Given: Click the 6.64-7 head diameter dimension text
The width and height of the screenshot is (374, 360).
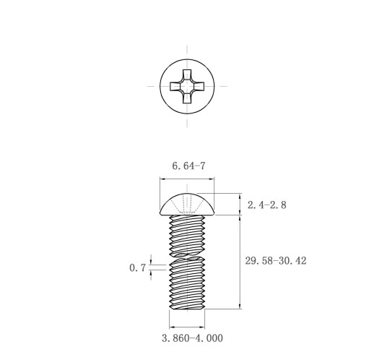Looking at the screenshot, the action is pos(188,166).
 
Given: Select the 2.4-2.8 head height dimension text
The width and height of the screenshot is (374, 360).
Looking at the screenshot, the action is pos(267,205).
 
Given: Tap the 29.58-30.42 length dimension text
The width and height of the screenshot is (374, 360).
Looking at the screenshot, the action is pos(276,261).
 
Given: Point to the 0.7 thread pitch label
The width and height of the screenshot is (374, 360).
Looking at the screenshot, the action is pos(138,267).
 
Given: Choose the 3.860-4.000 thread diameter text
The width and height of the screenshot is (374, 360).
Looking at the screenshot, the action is pos(192,338).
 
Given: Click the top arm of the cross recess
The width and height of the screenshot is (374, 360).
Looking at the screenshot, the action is pos(187,74).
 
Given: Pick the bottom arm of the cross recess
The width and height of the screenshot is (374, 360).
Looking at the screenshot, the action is pos(187,98).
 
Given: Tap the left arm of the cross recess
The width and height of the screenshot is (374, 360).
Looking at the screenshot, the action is pos(175,87).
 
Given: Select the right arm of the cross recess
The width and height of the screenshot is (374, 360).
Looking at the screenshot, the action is pos(199,87).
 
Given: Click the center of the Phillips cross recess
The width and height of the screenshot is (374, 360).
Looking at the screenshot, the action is pos(187,87).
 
